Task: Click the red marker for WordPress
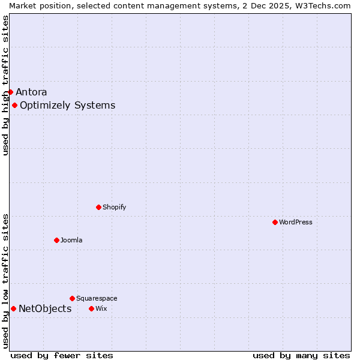(275, 222)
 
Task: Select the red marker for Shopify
(98, 207)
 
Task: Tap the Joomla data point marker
(56, 240)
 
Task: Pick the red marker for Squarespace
(72, 298)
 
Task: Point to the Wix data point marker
(91, 308)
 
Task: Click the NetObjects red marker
(13, 308)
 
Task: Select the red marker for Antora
(10, 92)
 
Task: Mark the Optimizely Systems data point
(14, 106)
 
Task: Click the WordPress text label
(296, 222)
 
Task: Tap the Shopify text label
(114, 207)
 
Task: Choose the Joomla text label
(71, 240)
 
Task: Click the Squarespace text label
(97, 298)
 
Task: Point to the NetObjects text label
(45, 309)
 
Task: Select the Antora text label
(31, 92)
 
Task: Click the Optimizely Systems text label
(68, 106)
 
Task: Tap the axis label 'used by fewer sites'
(62, 355)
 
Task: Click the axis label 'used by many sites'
(301, 355)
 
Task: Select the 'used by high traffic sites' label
(5, 85)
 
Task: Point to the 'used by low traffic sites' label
(5, 281)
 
